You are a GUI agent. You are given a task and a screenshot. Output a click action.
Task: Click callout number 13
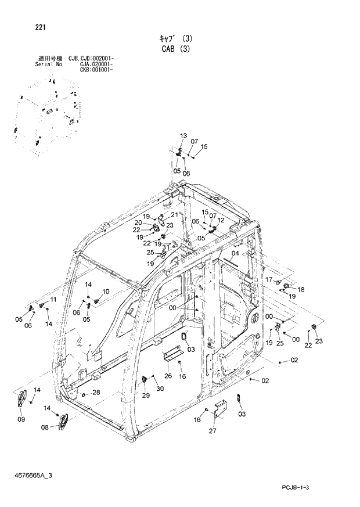pos(183,135)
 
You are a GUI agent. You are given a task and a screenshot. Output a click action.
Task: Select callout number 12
pos(221,220)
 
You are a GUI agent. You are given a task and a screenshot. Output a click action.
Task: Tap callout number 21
pos(174,215)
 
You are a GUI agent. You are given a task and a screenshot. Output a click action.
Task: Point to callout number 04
pos(235,254)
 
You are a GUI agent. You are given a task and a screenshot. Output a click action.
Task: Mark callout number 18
pos(301,289)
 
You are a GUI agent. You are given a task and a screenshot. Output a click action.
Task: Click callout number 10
pos(105,291)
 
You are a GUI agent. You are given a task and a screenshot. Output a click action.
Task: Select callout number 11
pos(53,299)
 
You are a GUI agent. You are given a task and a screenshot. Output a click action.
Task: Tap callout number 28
pos(96,392)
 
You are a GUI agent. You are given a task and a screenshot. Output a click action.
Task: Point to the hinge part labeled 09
pos(23,398)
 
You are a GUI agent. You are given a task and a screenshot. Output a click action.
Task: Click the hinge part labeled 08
pos(63,421)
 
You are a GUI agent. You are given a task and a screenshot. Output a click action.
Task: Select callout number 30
pos(160,389)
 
